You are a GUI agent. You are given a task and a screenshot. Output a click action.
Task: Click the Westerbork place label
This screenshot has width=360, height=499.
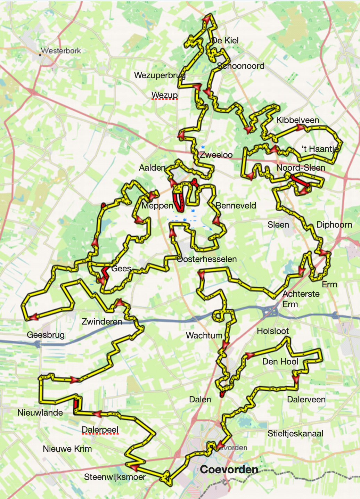tap(61, 51)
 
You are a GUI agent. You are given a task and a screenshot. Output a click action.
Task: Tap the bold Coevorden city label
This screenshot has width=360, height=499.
tap(229, 469)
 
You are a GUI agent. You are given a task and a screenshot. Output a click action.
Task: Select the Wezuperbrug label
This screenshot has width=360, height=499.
tap(159, 75)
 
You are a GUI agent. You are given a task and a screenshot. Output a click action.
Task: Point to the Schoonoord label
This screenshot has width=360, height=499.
tap(240, 66)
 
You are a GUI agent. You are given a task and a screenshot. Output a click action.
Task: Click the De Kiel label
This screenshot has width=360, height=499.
tap(225, 40)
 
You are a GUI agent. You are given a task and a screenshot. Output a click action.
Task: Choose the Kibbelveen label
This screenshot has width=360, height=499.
tap(297, 120)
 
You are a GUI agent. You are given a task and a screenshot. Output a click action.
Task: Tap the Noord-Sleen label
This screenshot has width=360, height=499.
tap(301, 167)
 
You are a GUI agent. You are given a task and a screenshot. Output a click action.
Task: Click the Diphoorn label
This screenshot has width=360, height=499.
tap(334, 224)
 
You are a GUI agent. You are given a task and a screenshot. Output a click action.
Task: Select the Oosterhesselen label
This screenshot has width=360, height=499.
tap(207, 259)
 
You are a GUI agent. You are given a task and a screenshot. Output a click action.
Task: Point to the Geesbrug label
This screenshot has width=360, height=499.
tap(46, 335)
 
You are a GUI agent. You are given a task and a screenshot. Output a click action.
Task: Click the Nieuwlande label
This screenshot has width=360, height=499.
tap(40, 412)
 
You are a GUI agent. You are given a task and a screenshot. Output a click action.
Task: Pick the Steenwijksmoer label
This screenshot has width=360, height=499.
tap(115, 477)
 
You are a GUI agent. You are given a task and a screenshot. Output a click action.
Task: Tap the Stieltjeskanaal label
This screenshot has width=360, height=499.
tap(295, 433)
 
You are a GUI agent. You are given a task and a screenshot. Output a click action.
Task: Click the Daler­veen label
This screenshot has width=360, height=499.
tap(306, 399)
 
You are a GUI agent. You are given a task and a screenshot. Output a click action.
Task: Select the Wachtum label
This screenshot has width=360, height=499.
tap(204, 335)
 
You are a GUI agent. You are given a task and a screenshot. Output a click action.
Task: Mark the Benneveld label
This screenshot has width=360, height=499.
tap(236, 205)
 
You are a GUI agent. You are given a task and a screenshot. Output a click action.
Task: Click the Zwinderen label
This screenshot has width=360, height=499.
tap(102, 321)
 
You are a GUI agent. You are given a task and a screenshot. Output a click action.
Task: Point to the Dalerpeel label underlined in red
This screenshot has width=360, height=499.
tap(100, 430)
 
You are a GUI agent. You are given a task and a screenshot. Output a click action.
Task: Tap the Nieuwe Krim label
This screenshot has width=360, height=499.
tap(67, 449)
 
